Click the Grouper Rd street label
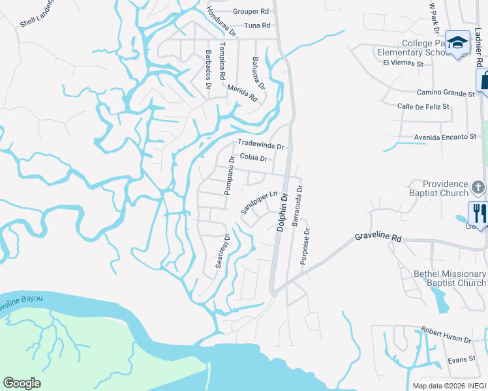pos(251,12)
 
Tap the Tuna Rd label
pos(256,25)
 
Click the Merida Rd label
pos(243,94)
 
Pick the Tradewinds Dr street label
pos(261,144)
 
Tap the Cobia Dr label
pos(253,158)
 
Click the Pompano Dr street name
pos(229,175)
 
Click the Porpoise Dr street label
pos(305,246)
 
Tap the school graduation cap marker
pos(458,43)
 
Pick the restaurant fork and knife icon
pos(478,214)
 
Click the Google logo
pos(22,383)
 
